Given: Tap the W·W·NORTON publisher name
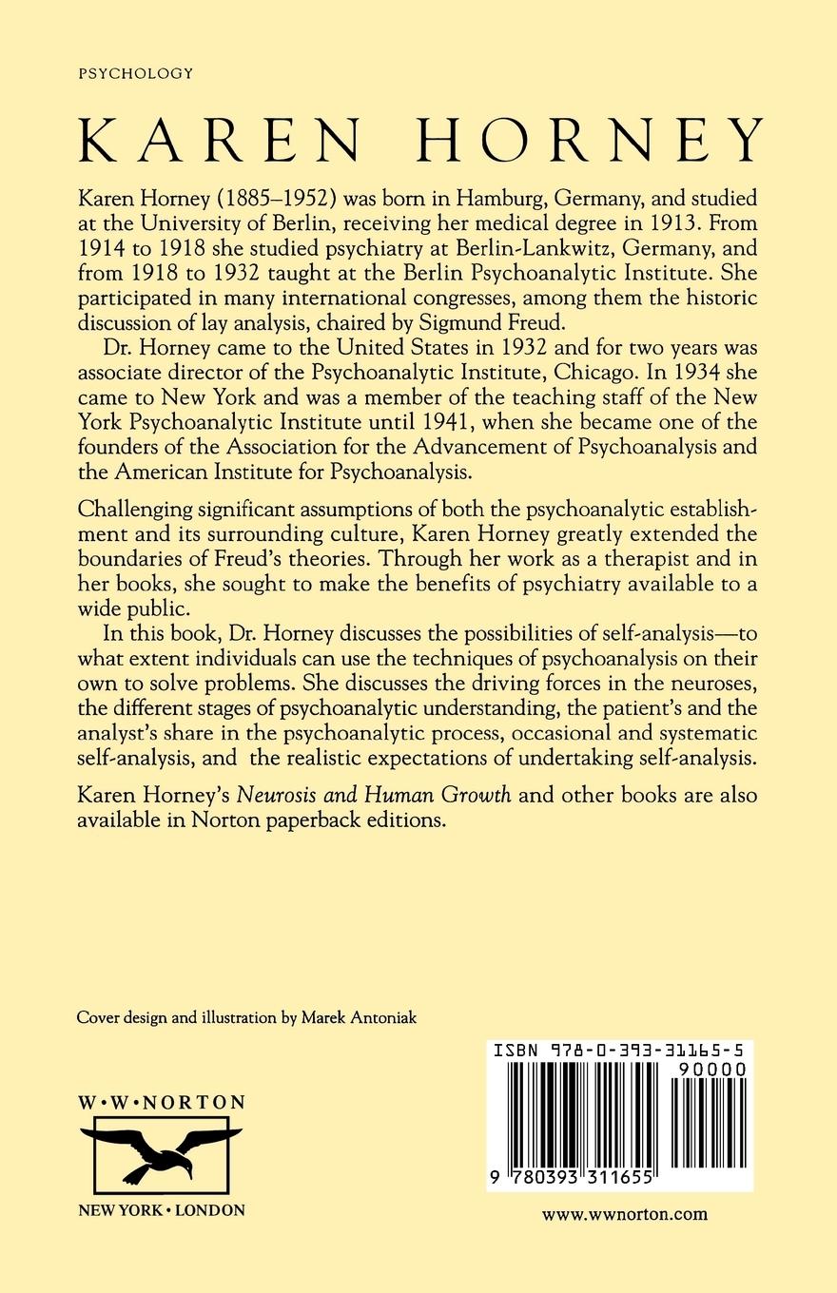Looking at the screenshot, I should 161,1103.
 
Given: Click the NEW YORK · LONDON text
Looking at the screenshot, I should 161,1210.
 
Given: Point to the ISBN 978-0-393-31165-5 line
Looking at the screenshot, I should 619,1051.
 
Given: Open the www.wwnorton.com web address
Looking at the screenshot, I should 624,1213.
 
